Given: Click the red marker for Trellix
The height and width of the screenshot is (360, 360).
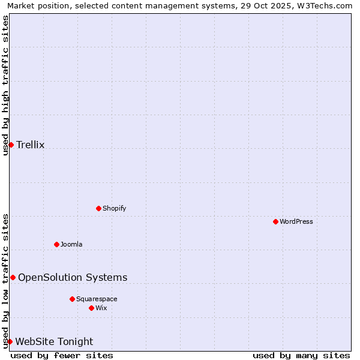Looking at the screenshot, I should [x=11, y=145].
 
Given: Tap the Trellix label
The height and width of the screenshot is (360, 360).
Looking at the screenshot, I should [x=31, y=145].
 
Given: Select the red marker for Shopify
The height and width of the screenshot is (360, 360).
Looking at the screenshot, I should [x=98, y=208].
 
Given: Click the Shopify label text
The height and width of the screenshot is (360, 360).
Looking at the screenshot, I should [x=115, y=209].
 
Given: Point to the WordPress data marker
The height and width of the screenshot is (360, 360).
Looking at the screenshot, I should [x=275, y=221].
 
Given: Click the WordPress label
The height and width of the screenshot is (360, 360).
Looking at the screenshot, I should [x=296, y=222].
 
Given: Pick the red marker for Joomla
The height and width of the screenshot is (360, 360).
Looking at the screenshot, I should [x=56, y=244].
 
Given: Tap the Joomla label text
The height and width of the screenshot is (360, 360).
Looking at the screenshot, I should [x=71, y=245].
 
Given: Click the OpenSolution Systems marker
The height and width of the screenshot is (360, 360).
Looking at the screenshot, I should [x=13, y=277].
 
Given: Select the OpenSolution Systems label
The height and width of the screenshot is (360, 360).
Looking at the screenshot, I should [x=73, y=277].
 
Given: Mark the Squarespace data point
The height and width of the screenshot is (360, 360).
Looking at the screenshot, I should [x=72, y=299].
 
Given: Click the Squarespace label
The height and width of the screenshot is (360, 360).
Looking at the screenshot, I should [x=97, y=299].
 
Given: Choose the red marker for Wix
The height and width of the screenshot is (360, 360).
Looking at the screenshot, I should [x=91, y=308].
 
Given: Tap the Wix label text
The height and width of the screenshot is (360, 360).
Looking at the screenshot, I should [x=101, y=308].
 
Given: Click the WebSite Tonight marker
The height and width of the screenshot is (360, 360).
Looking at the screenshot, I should [x=10, y=341].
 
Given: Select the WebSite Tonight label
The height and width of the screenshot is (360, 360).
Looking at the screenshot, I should [x=54, y=342].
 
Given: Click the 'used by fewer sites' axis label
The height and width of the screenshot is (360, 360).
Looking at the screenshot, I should [x=62, y=355].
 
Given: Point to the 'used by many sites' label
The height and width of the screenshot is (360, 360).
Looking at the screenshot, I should [x=301, y=355].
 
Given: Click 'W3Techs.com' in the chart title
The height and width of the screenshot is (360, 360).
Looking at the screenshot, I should [x=326, y=6].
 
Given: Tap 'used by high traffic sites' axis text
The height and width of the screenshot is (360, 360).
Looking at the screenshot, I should [x=6, y=85].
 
